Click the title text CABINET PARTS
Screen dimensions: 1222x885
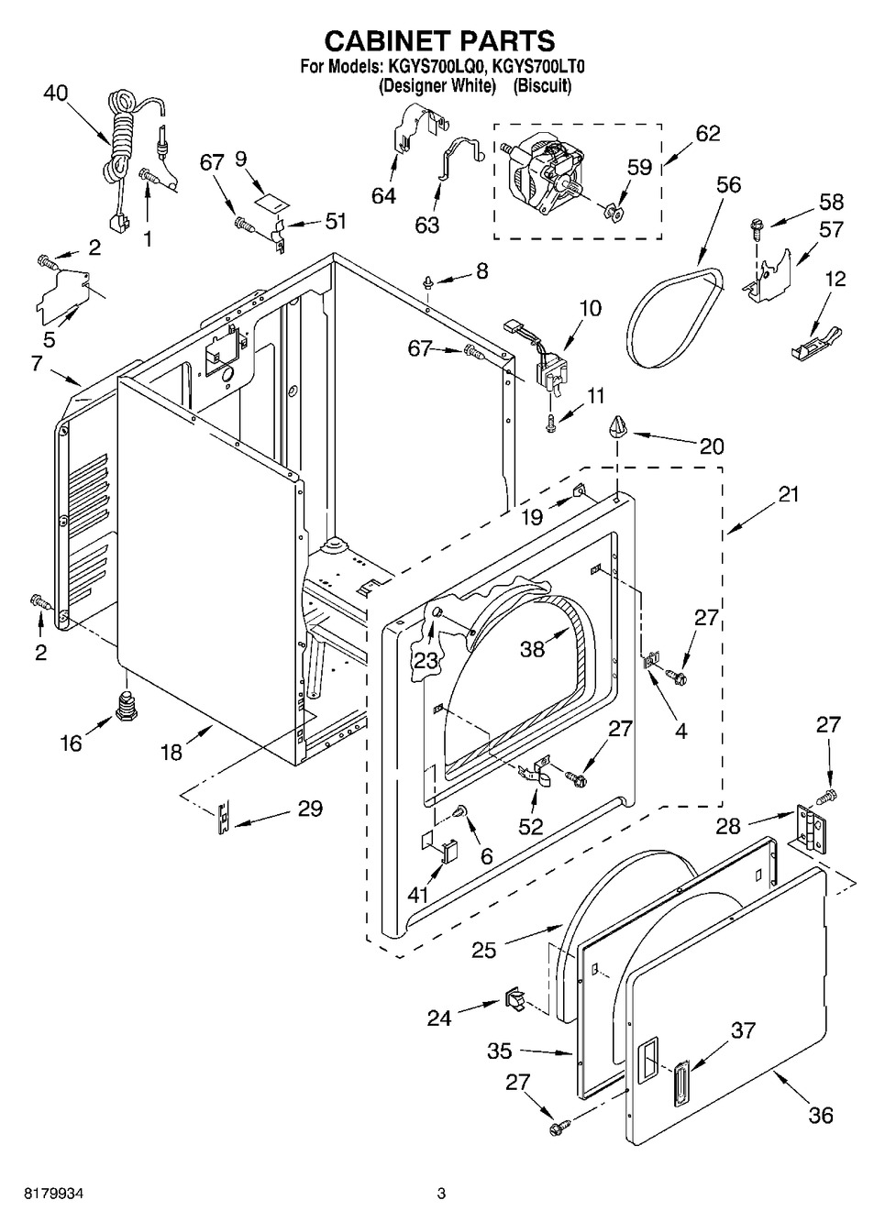pos(440,40)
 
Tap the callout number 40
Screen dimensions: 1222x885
pos(56,94)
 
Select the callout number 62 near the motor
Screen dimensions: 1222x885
pos(707,133)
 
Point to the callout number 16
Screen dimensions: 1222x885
pos(71,743)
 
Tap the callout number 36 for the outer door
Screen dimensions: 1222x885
pos(821,1115)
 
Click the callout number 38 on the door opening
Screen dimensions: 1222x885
pos(532,648)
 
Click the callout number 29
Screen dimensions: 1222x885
pos(310,809)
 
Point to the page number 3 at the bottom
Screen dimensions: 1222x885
pos(441,1193)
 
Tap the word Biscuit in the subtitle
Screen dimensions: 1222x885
pos(542,86)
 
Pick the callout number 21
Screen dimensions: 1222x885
pos(788,495)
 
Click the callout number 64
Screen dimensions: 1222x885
pos(383,195)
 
